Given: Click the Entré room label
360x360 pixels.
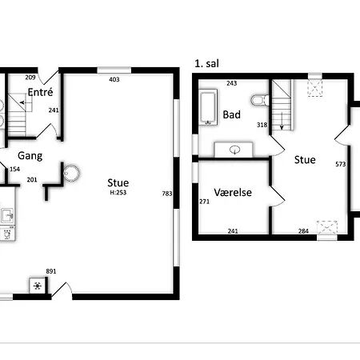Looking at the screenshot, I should [40, 93].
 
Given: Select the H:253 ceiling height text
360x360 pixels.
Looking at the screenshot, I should [117, 193].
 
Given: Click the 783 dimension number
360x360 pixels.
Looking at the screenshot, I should [166, 194].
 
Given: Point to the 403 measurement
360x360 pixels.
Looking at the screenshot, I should [114, 78].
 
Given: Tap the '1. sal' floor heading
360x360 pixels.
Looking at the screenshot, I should [206, 62].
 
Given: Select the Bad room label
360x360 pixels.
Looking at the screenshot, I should [232, 115].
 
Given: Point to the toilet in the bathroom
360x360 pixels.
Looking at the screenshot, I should [258, 101].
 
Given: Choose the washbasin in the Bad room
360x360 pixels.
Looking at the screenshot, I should [236, 149].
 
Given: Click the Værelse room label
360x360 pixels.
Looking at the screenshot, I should [233, 193].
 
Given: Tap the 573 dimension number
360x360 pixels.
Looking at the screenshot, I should [340, 164].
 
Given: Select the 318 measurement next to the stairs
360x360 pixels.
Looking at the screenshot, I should [261, 125].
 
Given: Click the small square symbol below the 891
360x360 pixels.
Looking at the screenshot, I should [38, 286].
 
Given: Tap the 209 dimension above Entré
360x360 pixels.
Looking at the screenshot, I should [30, 78].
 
